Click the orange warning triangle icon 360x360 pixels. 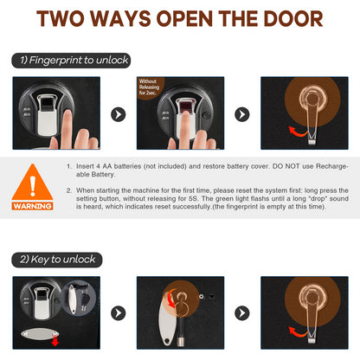click(33, 184)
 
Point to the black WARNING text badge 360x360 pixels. click(33, 206)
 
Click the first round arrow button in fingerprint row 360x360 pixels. click(119, 113)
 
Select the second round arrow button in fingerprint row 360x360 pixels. click(242, 113)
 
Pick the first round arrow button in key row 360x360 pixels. click(119, 312)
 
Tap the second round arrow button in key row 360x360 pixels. click(242, 312)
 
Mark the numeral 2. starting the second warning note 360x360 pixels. click(69, 189)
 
